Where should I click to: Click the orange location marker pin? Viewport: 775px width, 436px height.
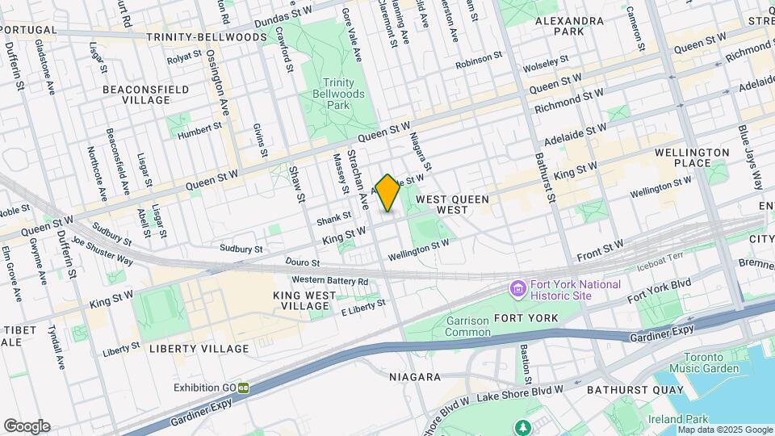coord(388,193)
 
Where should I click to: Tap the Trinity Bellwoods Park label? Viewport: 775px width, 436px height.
coord(345,94)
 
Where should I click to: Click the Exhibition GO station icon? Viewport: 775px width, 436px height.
coord(243,388)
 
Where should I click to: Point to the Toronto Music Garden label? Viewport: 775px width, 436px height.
coord(711,363)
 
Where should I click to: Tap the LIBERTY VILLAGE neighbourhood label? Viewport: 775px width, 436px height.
coord(199,349)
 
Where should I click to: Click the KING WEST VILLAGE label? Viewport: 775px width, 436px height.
coord(303,301)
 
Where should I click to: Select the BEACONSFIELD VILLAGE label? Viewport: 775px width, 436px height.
coord(146,94)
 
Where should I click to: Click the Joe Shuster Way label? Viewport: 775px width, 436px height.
coord(103,250)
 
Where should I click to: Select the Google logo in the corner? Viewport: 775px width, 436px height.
coord(26,426)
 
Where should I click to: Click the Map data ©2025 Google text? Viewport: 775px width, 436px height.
coord(726,430)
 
